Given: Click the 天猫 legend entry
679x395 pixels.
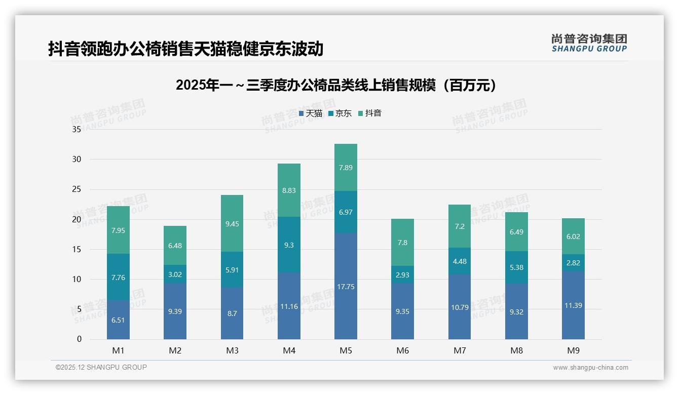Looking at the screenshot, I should coord(311,113).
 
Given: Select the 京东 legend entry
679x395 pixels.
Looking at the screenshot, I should coord(340,113).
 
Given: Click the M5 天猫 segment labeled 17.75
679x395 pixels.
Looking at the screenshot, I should coord(346,286).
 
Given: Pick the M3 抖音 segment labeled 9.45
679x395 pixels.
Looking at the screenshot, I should coord(232,223).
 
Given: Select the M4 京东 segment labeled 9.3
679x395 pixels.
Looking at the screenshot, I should coord(289,245).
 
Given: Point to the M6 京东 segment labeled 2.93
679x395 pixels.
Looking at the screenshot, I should coord(402,274).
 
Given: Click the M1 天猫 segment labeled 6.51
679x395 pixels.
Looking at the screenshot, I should coord(118,320).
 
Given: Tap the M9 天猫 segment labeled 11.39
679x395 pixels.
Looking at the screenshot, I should coord(573,305).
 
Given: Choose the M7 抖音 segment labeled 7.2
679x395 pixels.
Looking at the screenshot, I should coord(459,226).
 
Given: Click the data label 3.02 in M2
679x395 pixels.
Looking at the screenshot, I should coord(175,274).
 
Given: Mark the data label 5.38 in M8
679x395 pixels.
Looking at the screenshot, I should coord(516,267).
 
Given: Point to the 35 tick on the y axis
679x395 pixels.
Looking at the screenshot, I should coord(77,130).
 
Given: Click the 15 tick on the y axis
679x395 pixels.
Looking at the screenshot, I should coord(77,249).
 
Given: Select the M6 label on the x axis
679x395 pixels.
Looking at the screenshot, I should coord(402,350).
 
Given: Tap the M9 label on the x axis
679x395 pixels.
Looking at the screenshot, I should coord(573,350).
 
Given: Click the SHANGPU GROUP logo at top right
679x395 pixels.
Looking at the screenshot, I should coord(589,43).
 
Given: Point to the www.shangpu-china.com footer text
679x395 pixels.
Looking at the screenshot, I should coord(590,368).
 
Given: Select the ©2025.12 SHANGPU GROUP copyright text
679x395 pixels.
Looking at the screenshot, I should coord(101,368).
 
